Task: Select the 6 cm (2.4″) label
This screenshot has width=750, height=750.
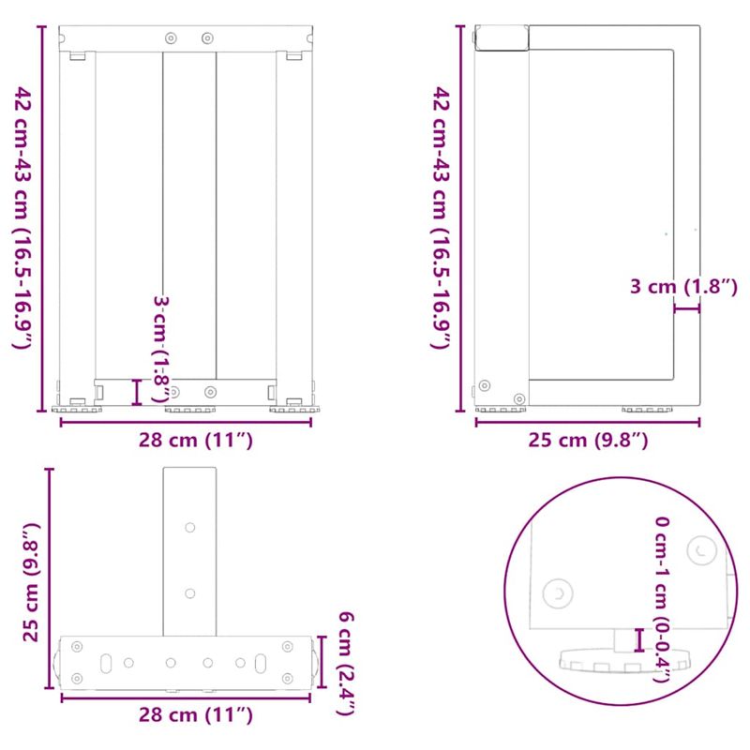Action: coord(345,663)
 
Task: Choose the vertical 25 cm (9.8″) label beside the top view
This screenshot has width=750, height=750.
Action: coord(31,581)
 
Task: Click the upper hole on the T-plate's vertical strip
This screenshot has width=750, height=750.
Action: coord(190,528)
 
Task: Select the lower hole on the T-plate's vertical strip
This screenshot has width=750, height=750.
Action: coord(190,592)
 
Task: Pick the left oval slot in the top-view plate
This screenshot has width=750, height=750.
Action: coord(107,662)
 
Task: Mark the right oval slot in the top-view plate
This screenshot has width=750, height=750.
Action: coord(262,662)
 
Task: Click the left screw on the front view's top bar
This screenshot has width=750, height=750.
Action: coord(170,38)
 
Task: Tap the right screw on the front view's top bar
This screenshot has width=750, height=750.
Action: coord(207,38)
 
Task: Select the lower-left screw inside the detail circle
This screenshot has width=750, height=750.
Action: coord(559,592)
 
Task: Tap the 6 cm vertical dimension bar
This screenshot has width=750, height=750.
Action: coord(321,662)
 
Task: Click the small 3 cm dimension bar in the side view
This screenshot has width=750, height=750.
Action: coord(686,307)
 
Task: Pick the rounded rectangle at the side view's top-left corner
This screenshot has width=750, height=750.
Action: coord(502,37)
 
